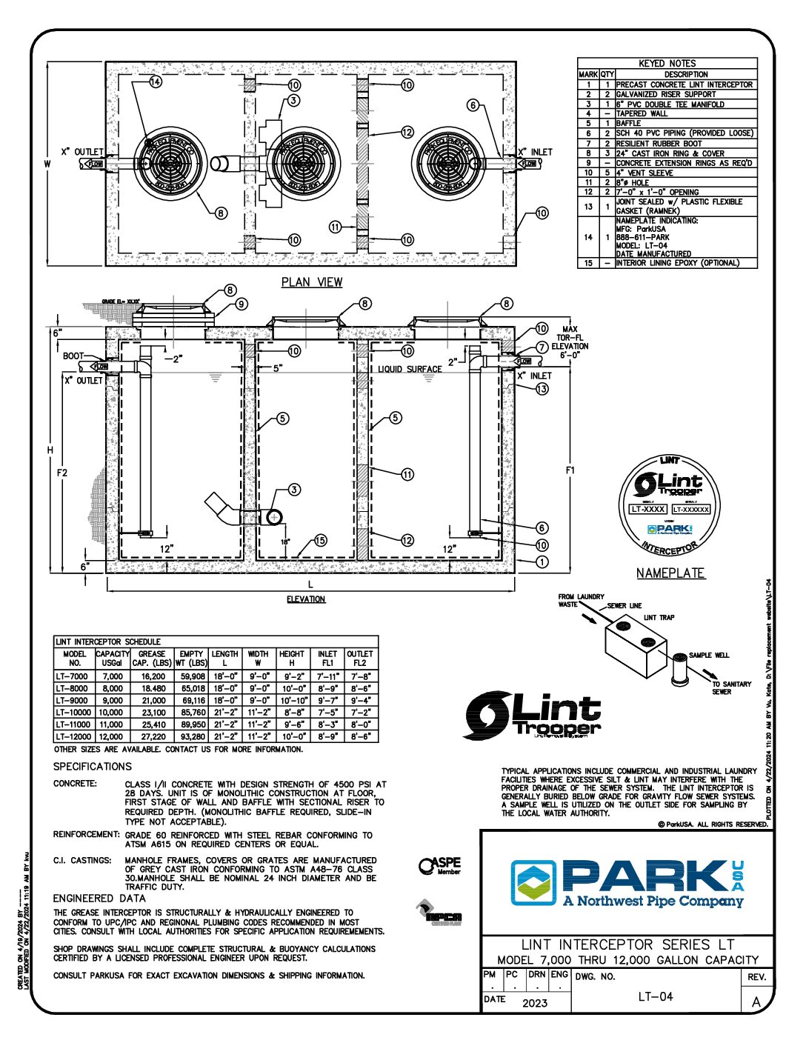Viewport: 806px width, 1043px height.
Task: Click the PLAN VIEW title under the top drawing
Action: tap(312, 281)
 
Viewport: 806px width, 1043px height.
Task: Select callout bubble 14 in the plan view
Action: tap(155, 81)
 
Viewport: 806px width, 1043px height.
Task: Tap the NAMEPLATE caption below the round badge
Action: tap(670, 573)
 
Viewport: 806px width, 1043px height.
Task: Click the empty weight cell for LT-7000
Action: tap(192, 676)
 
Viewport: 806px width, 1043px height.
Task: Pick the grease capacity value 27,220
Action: tap(153, 737)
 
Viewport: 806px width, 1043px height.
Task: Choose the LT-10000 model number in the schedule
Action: tap(74, 713)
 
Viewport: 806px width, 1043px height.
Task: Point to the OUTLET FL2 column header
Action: tap(360, 659)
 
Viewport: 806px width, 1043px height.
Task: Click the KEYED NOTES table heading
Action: tap(667, 64)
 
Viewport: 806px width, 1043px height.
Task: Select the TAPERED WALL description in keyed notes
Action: tap(642, 114)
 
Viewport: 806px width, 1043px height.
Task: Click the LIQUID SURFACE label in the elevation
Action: tap(410, 369)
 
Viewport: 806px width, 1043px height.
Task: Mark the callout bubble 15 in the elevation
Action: tap(319, 541)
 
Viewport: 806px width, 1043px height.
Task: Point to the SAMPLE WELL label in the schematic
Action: tap(709, 656)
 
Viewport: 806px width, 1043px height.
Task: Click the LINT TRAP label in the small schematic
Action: tap(659, 618)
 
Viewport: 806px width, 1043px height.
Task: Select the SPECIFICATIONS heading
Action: tap(93, 767)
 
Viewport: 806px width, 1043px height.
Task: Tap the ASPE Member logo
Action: tap(439, 866)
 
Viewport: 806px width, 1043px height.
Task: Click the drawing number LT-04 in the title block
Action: tap(656, 996)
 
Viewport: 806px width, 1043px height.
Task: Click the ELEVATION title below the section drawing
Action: tap(306, 599)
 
